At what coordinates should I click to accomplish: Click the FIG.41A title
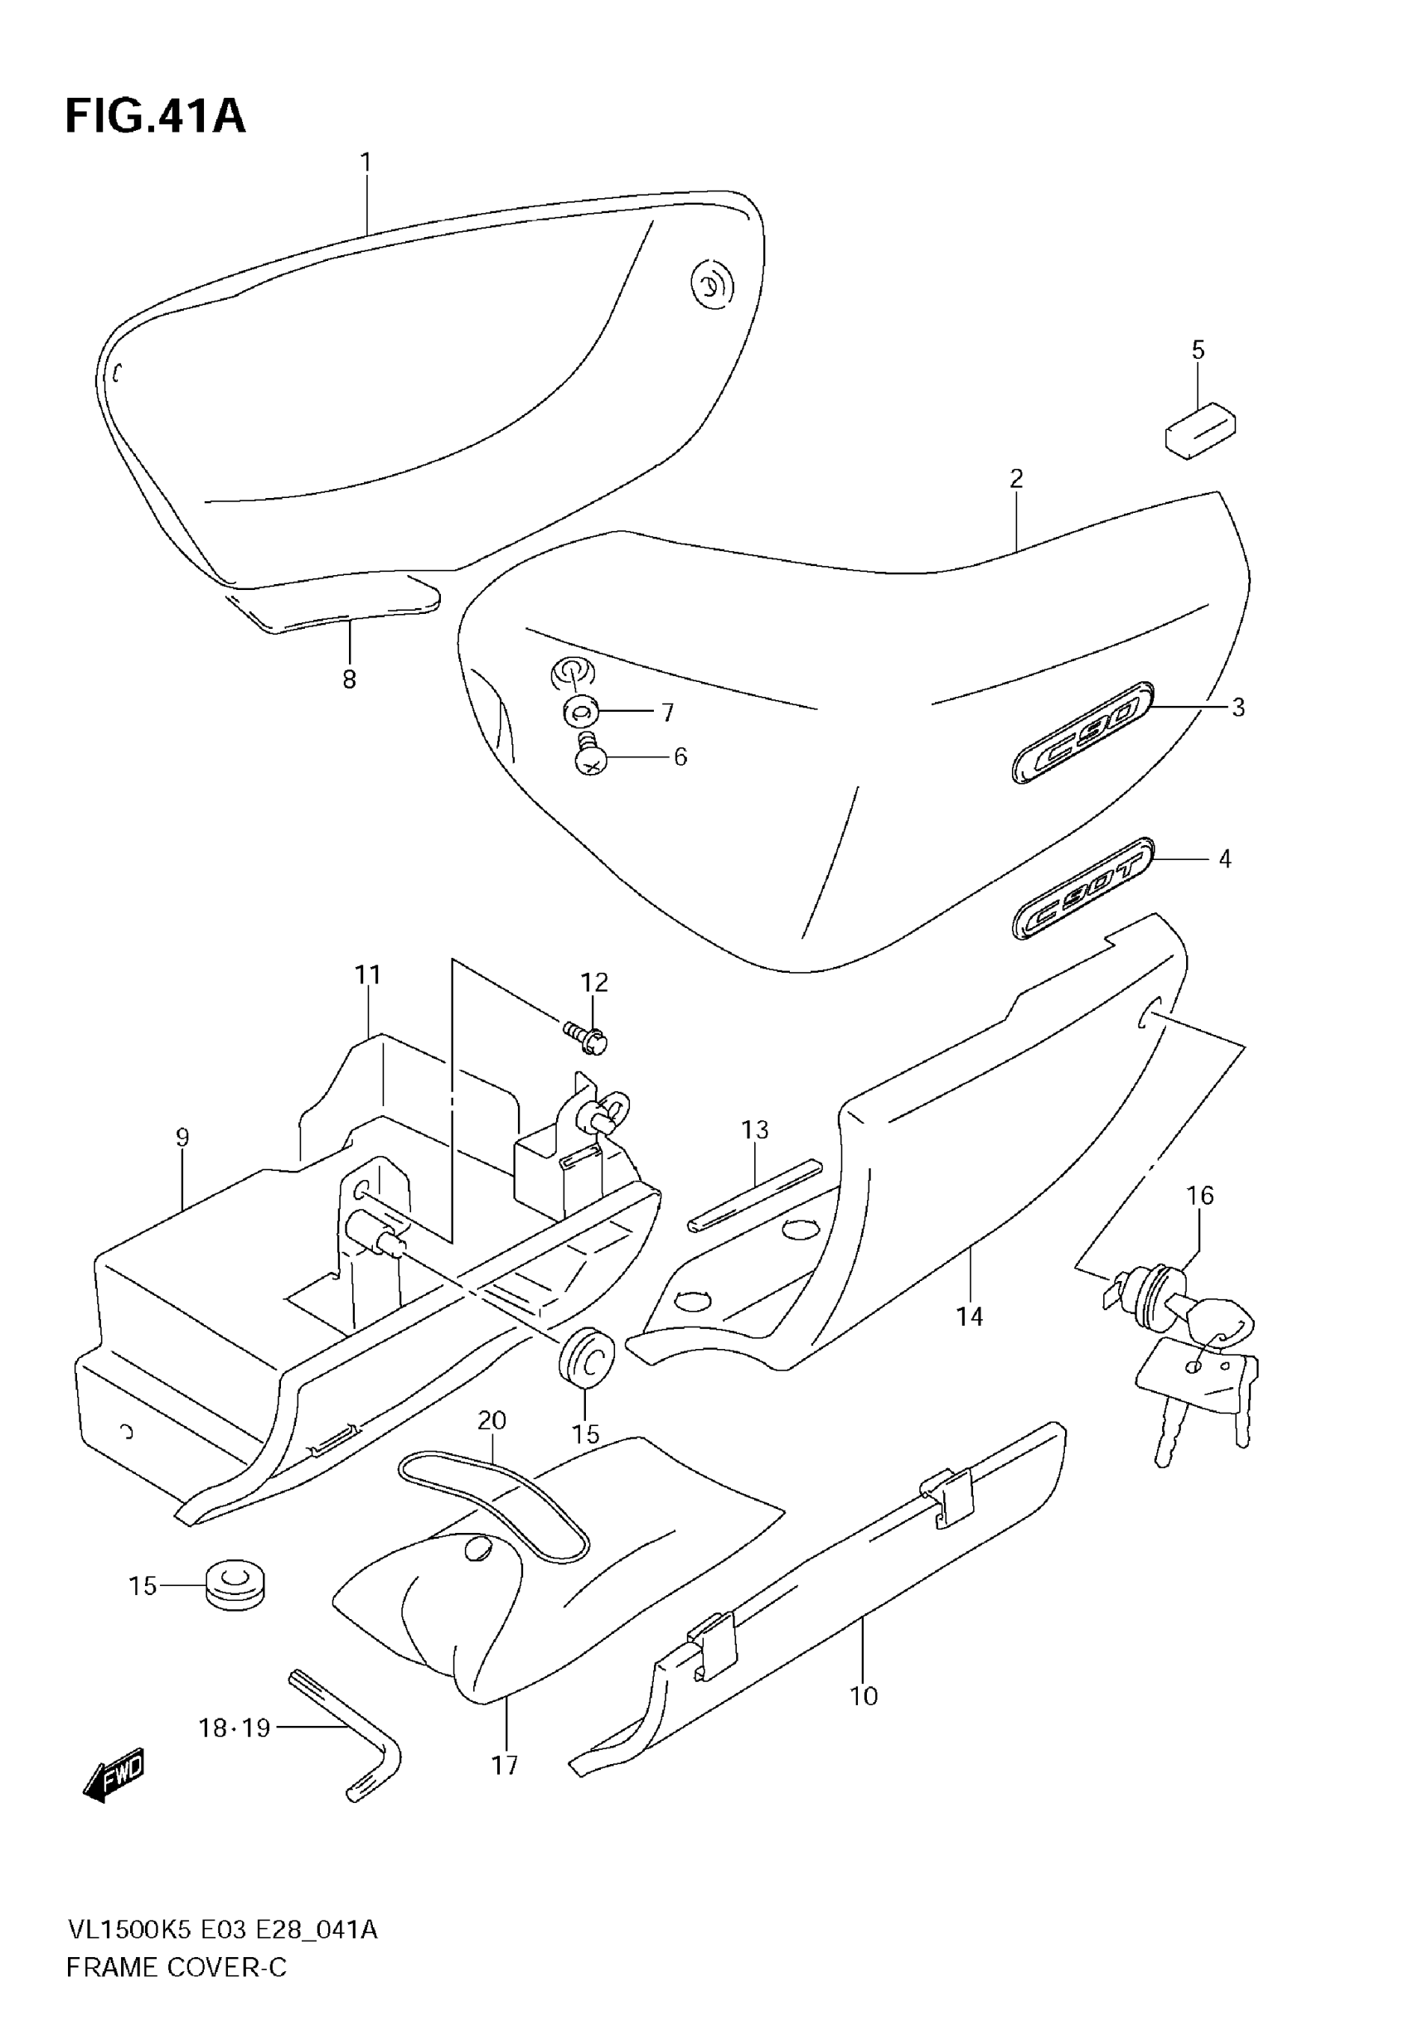click(x=155, y=117)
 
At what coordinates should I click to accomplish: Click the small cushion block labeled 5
click(x=1200, y=430)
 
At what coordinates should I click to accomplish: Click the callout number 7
click(x=667, y=712)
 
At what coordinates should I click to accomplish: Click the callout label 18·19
click(x=234, y=1727)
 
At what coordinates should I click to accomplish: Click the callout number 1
click(x=366, y=162)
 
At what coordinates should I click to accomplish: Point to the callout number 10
click(x=864, y=1695)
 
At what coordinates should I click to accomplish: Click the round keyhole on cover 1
click(x=710, y=284)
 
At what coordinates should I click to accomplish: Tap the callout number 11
click(x=367, y=975)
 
